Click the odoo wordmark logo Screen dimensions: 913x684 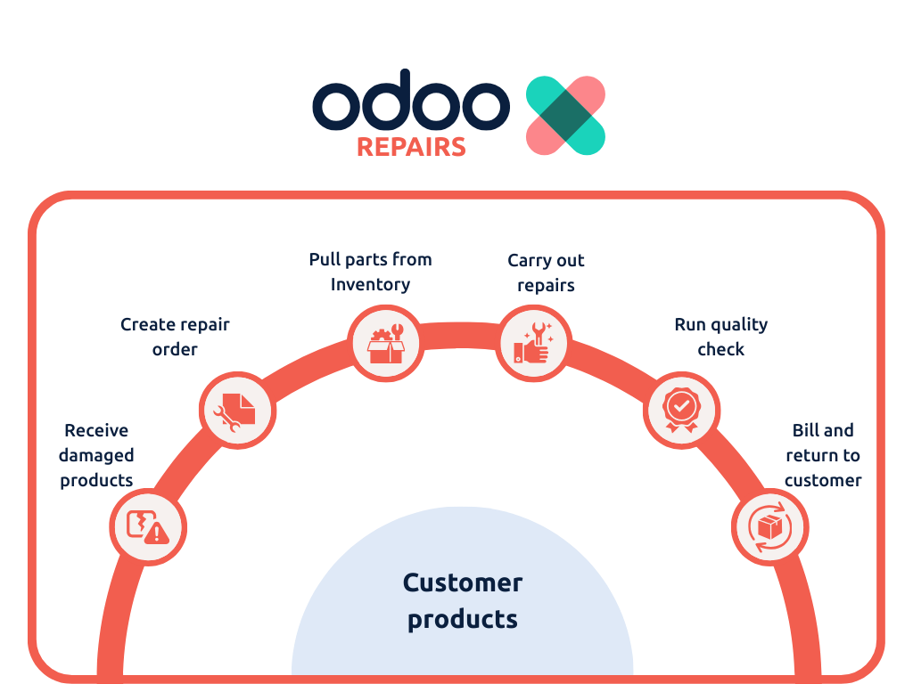pos(411,100)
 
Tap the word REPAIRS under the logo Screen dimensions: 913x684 pos(411,147)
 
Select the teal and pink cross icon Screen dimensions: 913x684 pos(565,115)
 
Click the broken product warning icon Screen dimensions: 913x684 pos(148,527)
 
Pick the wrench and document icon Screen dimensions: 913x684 pos(235,411)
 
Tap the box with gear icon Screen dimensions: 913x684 pos(385,345)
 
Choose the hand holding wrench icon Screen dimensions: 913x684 pos(533,343)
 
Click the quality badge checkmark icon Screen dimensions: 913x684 pos(681,411)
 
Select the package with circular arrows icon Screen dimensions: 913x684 pos(769,527)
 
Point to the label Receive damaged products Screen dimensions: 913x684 pos(96,455)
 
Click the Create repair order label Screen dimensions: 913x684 pos(175,336)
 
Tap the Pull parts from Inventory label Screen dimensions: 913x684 pos(370,272)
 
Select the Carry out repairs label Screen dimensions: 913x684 pos(546,273)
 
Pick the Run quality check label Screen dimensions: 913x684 pos(720,336)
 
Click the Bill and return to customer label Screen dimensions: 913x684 pos(823,455)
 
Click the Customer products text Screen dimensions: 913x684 pos(463,601)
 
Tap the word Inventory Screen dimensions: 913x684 pos(370,284)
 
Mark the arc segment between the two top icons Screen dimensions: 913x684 pos(459,336)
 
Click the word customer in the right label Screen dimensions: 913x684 pos(823,480)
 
